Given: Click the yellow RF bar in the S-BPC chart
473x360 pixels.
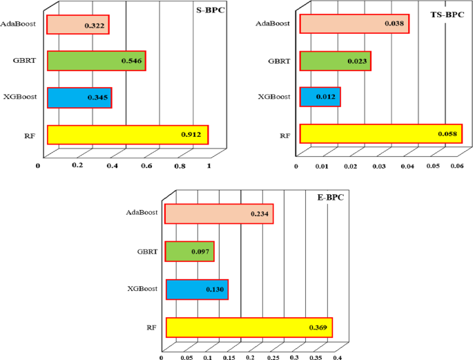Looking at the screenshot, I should click(127, 135).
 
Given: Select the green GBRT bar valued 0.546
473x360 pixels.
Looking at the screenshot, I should click(96, 61).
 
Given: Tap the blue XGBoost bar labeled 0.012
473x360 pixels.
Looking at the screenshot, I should click(320, 97).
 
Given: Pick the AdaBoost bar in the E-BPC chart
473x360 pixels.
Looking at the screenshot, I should click(220, 214).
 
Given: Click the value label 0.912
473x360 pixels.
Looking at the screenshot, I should click(191, 135).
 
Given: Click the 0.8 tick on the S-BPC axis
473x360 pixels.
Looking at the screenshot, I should click(180, 166).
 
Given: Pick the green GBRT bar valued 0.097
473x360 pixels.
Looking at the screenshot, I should click(190, 252).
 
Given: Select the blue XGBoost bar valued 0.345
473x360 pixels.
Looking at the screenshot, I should click(79, 97).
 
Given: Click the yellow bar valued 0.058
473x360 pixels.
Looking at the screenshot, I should click(380, 134).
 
